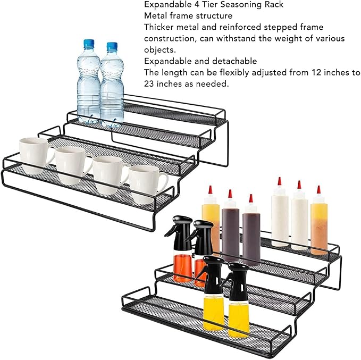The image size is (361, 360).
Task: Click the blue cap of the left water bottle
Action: coord(89,44)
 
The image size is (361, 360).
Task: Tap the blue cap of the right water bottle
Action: coord(112,47)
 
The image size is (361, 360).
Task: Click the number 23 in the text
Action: coord(149,83)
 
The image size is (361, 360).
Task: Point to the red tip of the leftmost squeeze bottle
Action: coord(210,189)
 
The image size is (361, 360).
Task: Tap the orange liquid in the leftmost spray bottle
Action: coord(182,267)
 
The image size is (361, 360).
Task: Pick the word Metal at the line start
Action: coord(155,15)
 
